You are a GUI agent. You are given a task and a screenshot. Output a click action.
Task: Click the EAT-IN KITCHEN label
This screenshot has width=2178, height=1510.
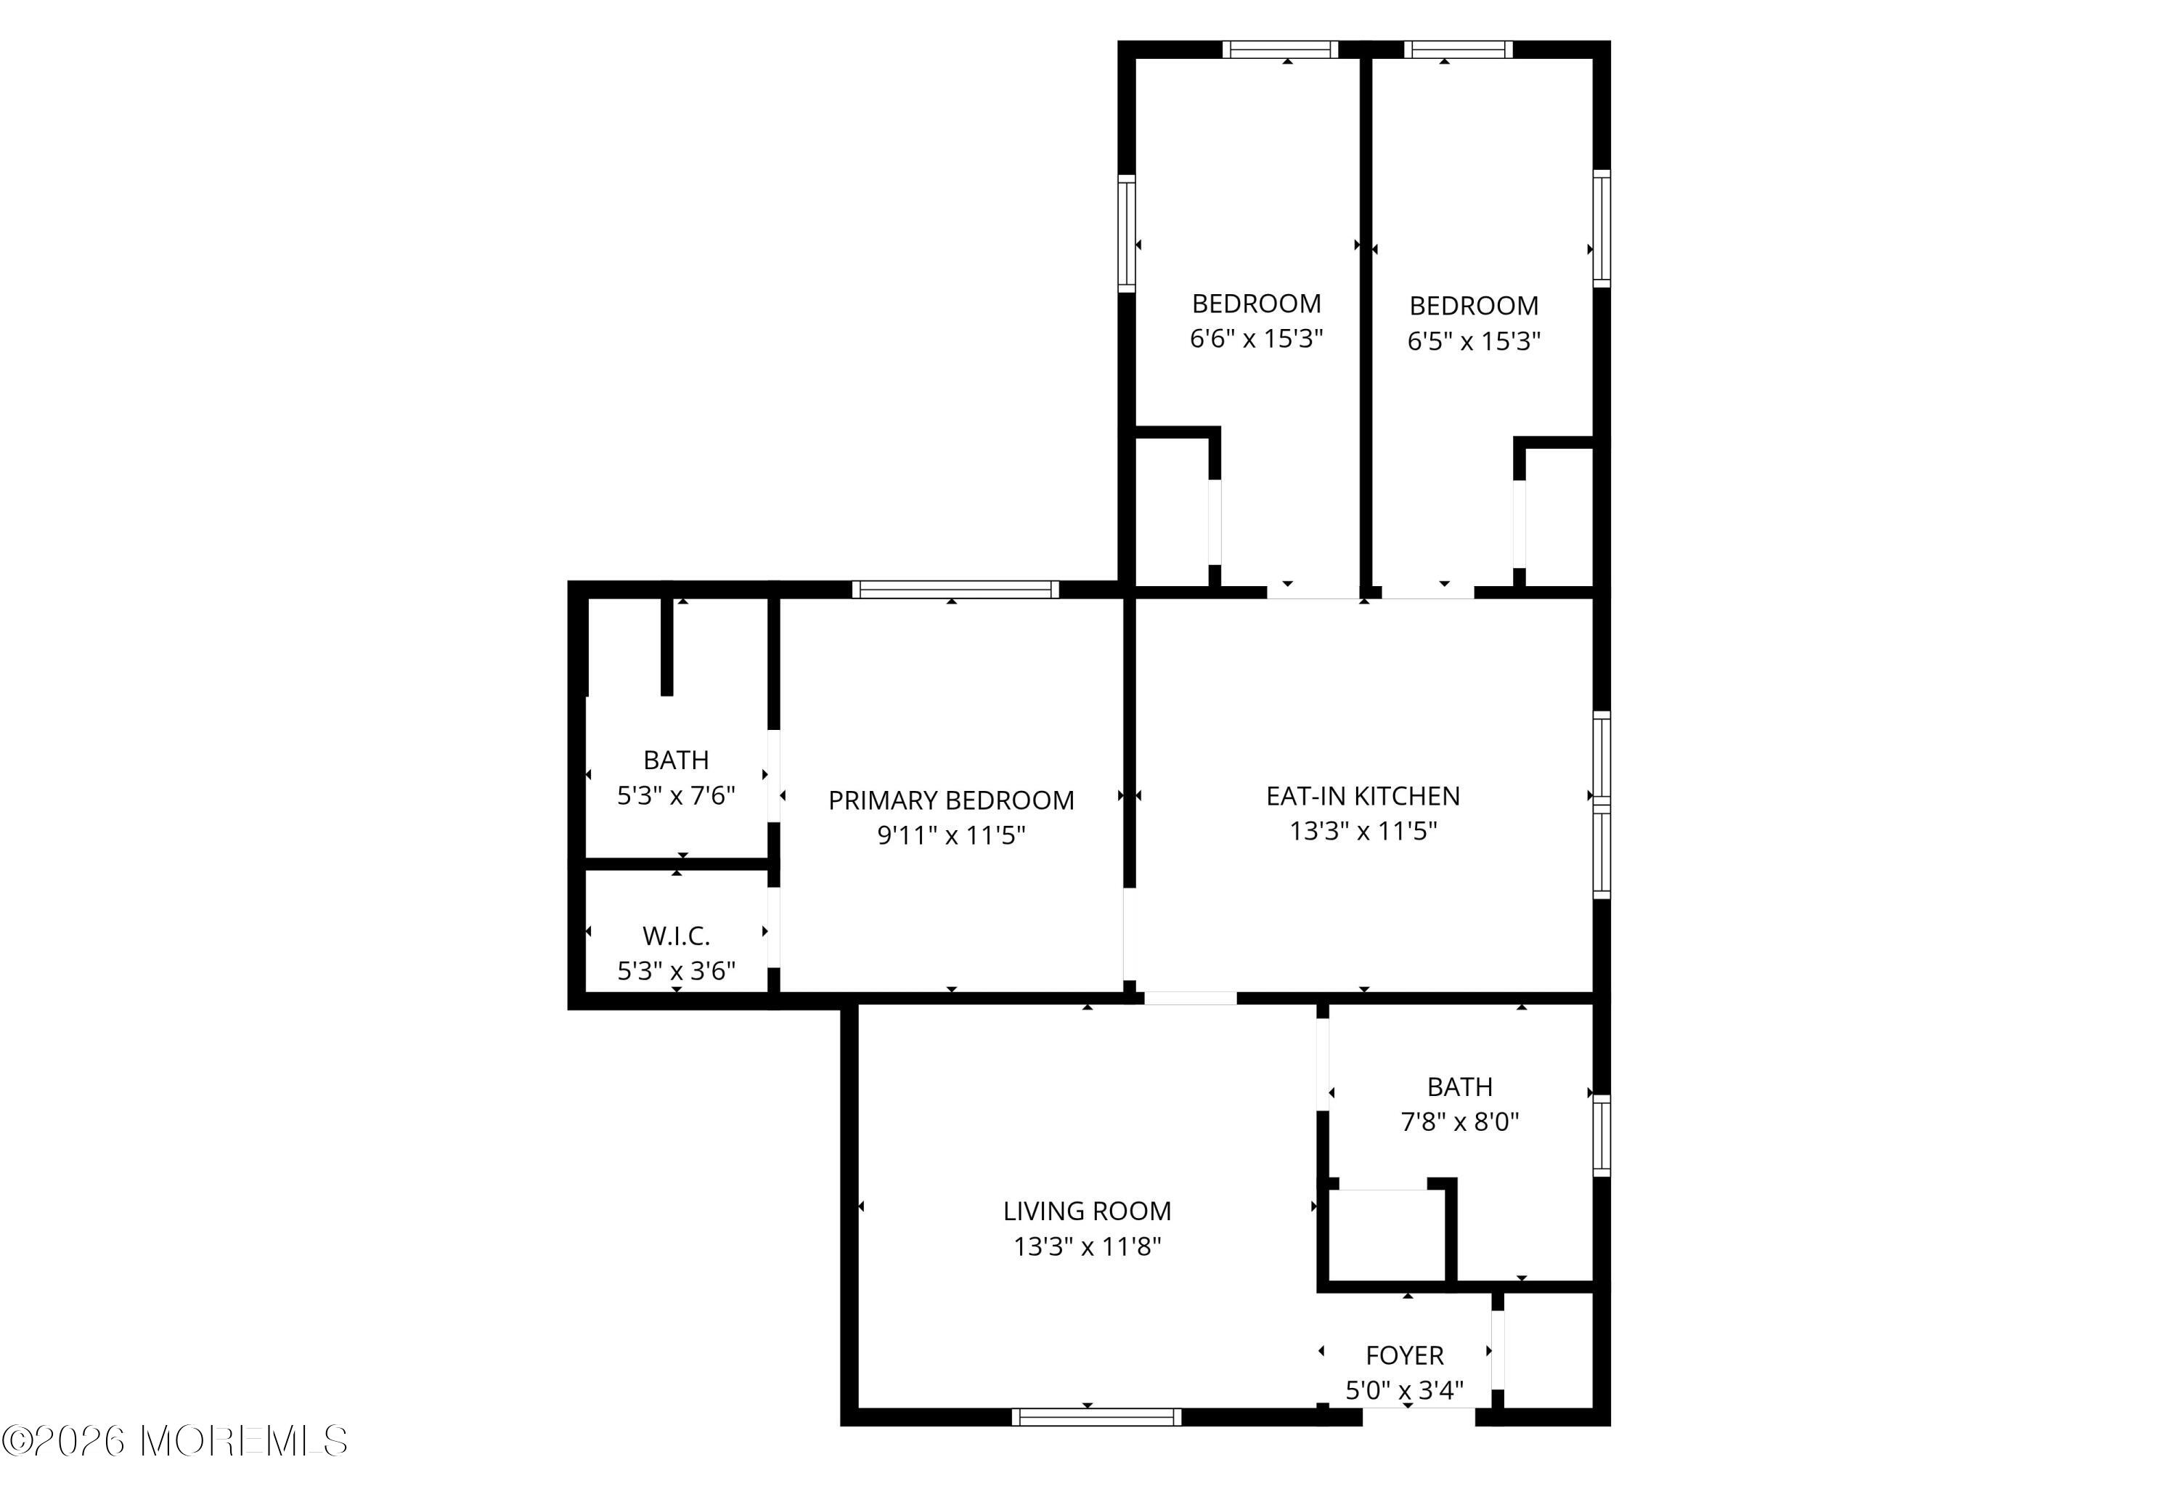pos(1363,796)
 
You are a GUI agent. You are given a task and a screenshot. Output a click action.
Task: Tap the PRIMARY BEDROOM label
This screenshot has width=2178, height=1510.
pos(951,800)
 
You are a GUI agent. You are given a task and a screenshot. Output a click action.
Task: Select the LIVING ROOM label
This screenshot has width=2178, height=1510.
pos(1088,1211)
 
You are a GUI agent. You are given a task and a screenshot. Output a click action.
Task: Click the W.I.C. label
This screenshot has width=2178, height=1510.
pos(676,935)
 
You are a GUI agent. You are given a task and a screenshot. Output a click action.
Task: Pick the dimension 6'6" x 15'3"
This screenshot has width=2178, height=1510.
pos(1256,338)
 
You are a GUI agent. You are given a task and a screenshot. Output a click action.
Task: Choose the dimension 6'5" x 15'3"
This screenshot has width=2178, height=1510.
pos(1474,341)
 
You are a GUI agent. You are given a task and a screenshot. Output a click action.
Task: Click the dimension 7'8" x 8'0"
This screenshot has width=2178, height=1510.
pos(1459,1122)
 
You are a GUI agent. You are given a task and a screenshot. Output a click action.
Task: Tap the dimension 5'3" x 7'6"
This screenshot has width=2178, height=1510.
pos(676,796)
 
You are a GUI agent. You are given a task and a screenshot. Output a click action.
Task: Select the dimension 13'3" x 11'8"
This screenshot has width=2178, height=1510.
pos(1088,1247)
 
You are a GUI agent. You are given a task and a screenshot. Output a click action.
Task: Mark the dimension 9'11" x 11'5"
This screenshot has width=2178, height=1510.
pos(951,835)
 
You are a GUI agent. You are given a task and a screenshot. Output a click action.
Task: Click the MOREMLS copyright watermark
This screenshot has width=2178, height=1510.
pos(175,1441)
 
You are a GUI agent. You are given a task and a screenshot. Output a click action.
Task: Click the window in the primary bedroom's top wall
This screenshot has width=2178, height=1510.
pos(955,590)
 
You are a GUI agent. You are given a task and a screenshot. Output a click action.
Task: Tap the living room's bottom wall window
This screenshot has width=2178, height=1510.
pos(1096,1417)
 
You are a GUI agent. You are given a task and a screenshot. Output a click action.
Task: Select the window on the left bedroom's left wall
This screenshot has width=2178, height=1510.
pos(1126,232)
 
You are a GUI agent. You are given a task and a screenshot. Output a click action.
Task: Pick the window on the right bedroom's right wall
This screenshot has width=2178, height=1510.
pos(1601,228)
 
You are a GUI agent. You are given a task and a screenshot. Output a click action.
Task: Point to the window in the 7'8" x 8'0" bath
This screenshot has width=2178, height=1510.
pos(1601,1135)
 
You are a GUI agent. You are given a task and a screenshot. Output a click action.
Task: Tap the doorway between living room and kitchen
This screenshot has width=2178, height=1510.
pos(1190,998)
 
